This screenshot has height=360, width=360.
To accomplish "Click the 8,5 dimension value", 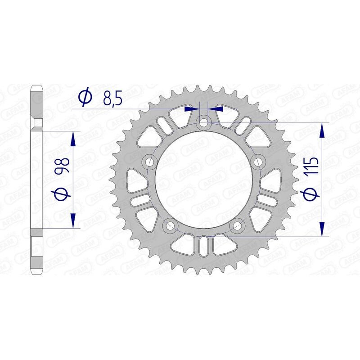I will pyautogui.click(x=112, y=98).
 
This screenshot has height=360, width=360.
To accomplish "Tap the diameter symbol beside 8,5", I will pyautogui.click(x=85, y=96).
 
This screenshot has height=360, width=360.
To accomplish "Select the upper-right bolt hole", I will pyautogui.click(x=258, y=161).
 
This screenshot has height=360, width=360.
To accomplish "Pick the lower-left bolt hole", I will pyautogui.click(x=170, y=225).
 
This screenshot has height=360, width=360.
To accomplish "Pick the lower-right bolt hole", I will pyautogui.click(x=238, y=225).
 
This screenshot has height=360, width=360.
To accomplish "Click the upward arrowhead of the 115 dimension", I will pyautogui.click(x=322, y=132).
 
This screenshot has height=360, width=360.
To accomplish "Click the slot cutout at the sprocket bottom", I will pyautogui.click(x=204, y=247).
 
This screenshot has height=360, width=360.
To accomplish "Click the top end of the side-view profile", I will pyautogui.click(x=37, y=87).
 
